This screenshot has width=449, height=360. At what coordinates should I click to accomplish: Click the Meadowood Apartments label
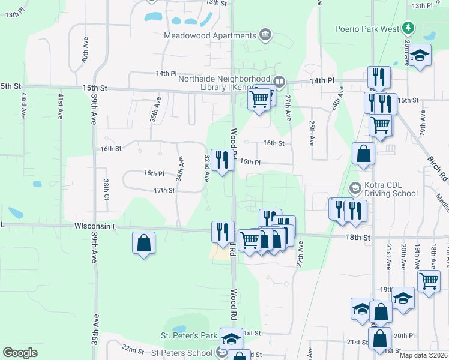tap(210, 35)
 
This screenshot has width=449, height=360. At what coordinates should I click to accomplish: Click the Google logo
tap(20, 353)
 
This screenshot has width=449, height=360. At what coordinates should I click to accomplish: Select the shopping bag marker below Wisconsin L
tap(143, 243)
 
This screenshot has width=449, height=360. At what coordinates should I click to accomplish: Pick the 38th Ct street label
tap(106, 190)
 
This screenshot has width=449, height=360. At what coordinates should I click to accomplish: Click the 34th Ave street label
tap(179, 169)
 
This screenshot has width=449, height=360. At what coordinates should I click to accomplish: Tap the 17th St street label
tap(164, 190)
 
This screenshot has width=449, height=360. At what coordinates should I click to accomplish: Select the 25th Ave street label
tap(312, 133)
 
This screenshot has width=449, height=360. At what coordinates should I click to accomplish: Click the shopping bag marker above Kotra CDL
tap(364, 154)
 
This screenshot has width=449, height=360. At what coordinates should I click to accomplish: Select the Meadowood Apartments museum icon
tap(264, 35)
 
